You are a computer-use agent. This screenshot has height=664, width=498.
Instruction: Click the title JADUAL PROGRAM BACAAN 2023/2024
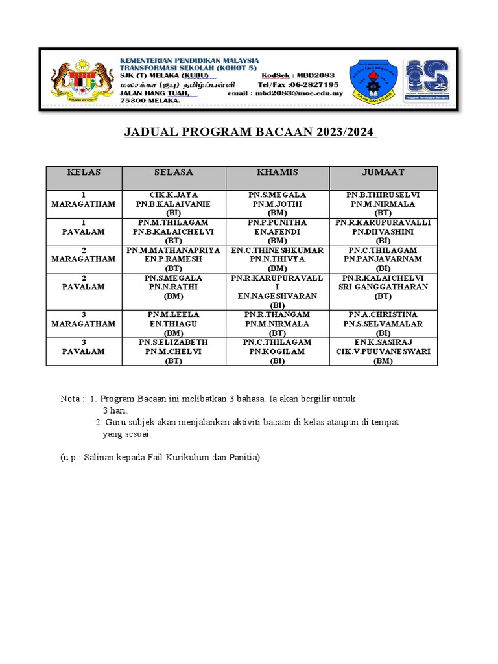tap(250, 132)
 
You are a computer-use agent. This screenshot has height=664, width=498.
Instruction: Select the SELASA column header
tap(174, 172)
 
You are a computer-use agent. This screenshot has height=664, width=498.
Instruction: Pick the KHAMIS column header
tap(278, 172)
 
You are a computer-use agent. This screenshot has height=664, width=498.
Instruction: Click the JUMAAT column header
tap(383, 172)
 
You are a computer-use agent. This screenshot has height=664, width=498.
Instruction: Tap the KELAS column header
tap(84, 172)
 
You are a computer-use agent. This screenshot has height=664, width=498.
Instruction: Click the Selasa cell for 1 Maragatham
tap(174, 204)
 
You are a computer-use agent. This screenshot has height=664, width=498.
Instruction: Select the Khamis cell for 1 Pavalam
tap(278, 231)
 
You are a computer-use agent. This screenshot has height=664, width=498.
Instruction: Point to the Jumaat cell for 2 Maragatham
tap(383, 259)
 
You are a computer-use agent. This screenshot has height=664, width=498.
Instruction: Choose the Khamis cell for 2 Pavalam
tap(278, 291)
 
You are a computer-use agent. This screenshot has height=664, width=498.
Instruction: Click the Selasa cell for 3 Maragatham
tap(174, 324)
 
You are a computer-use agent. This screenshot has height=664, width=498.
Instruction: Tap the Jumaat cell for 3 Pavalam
tap(383, 351)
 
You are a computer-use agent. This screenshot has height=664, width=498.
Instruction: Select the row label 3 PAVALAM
tap(84, 347)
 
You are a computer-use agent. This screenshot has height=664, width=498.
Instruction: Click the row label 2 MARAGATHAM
tap(84, 254)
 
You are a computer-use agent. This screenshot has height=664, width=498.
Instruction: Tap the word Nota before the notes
tap(71, 399)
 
